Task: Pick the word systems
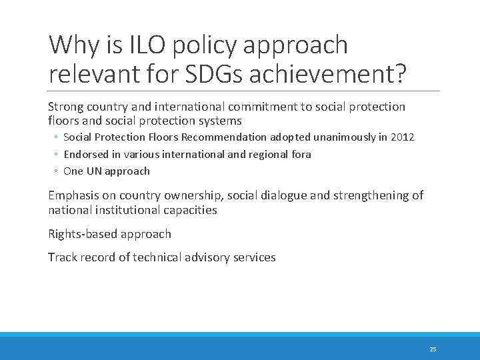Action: pos(221,121)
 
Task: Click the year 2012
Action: pos(402,137)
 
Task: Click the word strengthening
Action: pos(369,195)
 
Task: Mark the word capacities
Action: pos(193,209)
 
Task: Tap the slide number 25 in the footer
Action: pos(433,349)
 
